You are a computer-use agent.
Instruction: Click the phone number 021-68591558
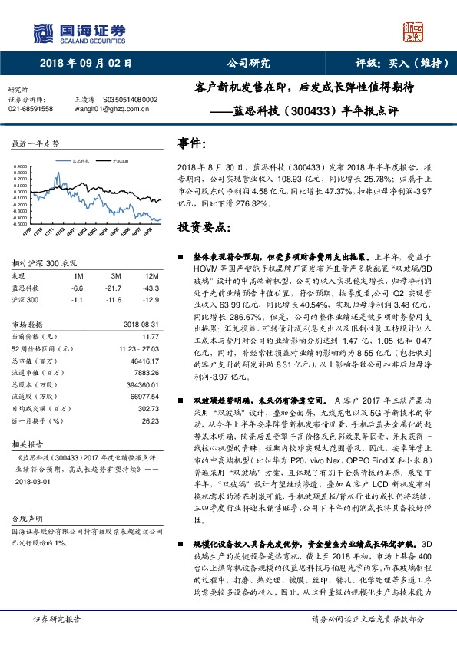pos(31,110)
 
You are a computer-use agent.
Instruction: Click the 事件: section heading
pos(192,143)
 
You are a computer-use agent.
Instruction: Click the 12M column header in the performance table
pos(151,275)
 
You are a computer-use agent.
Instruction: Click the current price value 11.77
pos(150,335)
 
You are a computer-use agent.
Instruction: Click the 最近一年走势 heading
pos(34,143)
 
